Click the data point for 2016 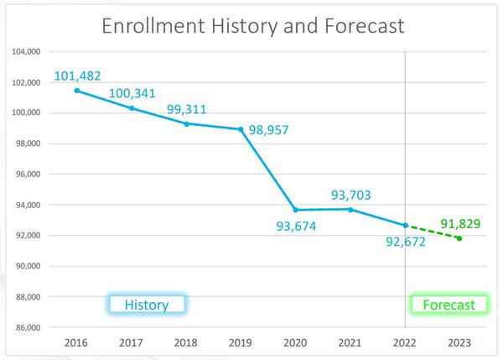76,91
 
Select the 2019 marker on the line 241,129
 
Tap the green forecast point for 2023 459,238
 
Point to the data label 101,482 82,76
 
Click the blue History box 147,305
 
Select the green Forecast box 448,305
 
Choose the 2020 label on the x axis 295,344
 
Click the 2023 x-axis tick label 459,344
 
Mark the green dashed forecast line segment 433,232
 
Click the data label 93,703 351,195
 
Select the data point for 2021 350,209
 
